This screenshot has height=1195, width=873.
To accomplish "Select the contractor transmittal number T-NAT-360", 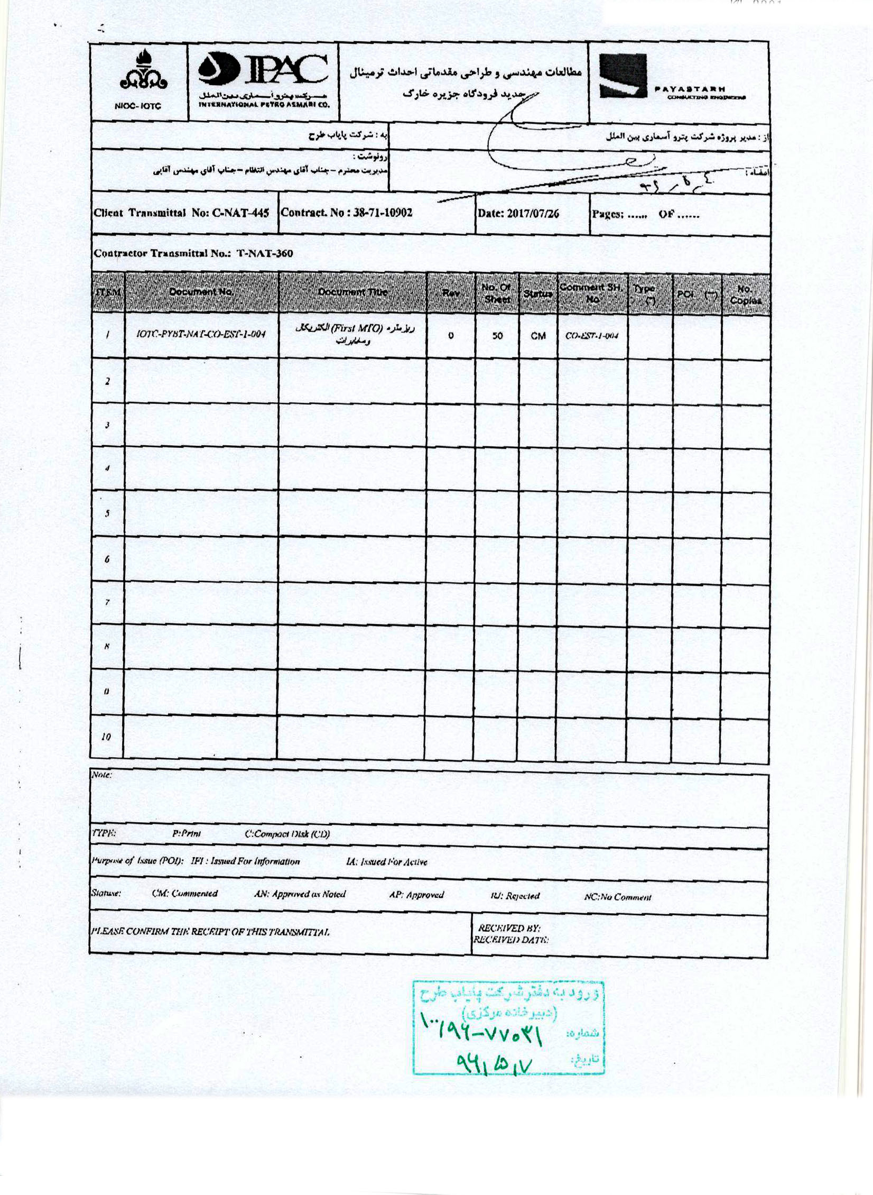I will [264, 253].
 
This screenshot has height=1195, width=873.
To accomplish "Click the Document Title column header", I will [352, 292].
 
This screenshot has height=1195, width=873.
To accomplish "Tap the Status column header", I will [538, 293].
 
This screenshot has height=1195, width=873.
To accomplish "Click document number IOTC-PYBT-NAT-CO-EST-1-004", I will [201, 334].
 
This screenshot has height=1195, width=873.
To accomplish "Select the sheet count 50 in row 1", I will [497, 335].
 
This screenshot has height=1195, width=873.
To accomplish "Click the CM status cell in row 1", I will [538, 336].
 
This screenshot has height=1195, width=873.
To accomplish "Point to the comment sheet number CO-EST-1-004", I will [592, 336].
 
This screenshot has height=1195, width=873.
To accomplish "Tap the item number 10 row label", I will [106, 737].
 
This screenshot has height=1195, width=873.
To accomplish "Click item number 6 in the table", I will [107, 559].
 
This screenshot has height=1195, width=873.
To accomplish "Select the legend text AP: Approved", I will [416, 895].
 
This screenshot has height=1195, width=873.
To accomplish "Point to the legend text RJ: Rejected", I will [515, 896].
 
